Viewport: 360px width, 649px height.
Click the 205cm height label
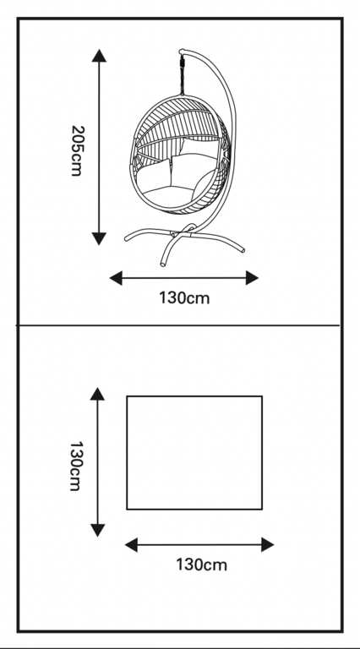point(76,150)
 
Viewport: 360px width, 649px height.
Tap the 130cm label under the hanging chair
point(184,298)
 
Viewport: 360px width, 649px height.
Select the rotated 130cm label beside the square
point(76,466)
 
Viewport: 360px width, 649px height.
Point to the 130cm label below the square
point(201,564)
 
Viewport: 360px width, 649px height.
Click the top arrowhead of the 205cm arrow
point(99,56)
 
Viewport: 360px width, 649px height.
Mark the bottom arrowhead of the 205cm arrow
point(99,239)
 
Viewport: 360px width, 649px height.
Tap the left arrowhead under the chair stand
point(116,278)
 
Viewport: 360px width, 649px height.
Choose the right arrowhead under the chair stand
point(252,278)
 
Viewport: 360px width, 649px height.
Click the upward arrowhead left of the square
point(97,394)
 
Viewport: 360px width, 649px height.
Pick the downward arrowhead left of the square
point(97,530)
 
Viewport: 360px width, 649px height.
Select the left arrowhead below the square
point(131,545)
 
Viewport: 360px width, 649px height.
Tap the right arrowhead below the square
point(268,545)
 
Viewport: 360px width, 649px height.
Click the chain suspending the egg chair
point(182,75)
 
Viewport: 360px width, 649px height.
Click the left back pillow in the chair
point(154,174)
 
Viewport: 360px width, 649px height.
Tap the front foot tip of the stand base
point(162,264)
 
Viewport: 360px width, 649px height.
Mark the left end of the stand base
point(127,238)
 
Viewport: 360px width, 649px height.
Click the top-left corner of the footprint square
point(127,396)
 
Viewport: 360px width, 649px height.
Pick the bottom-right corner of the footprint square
point(262,509)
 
